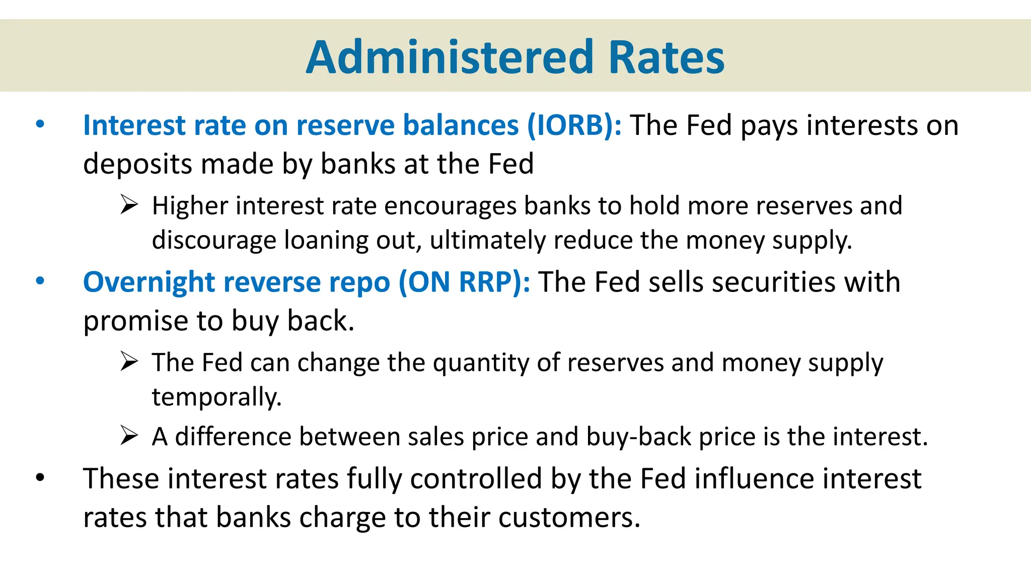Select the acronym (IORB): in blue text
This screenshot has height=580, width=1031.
574,125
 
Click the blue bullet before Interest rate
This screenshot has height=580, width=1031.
40,124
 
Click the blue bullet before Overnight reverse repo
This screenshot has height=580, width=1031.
40,281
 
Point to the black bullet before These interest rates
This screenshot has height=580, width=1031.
40,477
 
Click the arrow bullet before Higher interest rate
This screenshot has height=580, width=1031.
129,205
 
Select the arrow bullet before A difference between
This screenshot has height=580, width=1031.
129,436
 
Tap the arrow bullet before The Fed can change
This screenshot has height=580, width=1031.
129,361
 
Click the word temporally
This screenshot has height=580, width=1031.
216,397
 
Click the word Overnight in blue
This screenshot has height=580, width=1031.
149,282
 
